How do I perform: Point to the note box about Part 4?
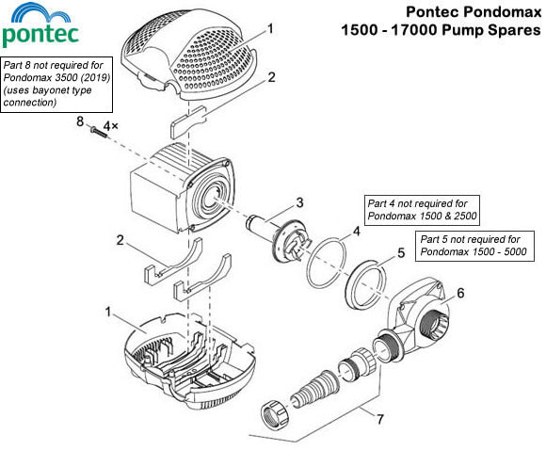[422, 208]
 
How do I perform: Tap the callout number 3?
[298, 201]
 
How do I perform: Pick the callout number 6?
[460, 293]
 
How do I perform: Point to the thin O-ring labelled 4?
[324, 259]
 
